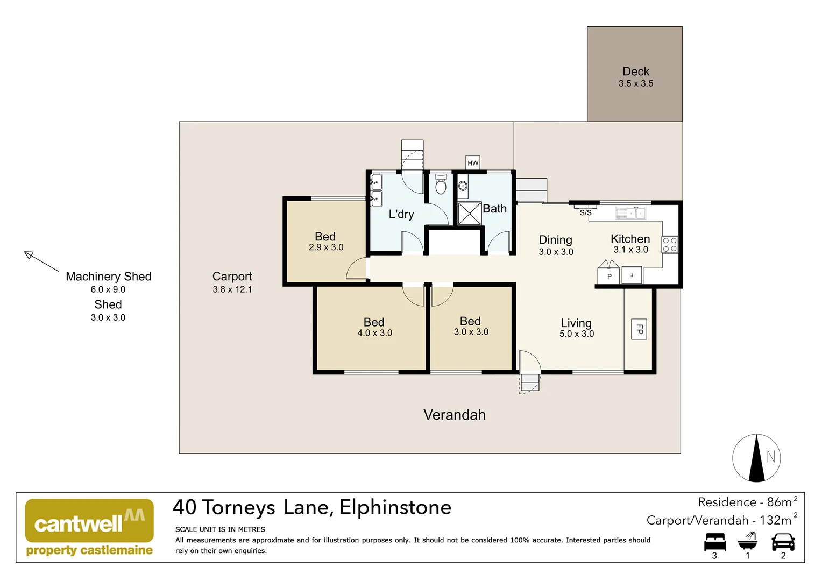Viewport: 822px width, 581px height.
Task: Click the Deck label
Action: click(635, 72)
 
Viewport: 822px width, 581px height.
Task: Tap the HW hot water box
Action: click(472, 163)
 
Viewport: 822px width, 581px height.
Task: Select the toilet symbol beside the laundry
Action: click(441, 185)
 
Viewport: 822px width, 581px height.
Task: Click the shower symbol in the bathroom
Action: click(470, 214)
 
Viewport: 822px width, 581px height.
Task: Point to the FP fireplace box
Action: click(639, 329)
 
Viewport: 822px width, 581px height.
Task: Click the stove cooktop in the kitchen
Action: click(670, 245)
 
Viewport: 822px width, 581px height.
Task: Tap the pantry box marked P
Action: click(609, 276)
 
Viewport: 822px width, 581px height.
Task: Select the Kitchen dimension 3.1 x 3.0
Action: click(630, 250)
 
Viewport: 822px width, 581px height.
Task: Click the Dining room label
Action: click(555, 240)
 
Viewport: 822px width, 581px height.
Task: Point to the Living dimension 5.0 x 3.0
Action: click(576, 334)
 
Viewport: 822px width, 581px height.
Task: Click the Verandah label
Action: click(454, 415)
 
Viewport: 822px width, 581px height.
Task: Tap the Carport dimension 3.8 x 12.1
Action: click(232, 289)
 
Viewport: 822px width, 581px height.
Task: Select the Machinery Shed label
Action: click(108, 277)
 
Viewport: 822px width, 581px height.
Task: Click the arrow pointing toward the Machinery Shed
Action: click(41, 261)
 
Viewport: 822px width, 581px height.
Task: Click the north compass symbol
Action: click(756, 458)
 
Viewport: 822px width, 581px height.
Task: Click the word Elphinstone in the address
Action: click(395, 507)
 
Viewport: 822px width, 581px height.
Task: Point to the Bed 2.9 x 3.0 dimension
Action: click(325, 247)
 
